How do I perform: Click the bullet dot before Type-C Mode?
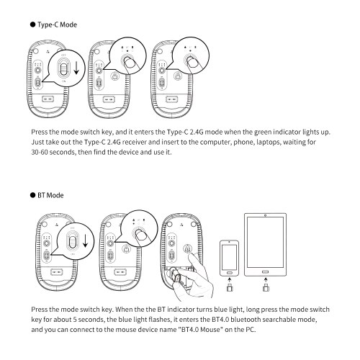point(32,24)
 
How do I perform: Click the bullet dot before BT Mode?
point(32,195)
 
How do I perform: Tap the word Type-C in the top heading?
point(48,25)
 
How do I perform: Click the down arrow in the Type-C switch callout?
point(76,68)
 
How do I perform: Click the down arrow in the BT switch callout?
point(85,240)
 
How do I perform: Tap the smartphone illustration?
point(229,258)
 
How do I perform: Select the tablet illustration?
point(265,245)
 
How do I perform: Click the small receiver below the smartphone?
point(230,287)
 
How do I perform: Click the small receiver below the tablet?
point(266,287)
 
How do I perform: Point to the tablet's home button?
point(265,271)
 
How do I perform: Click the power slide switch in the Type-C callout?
point(63,68)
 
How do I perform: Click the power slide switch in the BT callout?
point(72,240)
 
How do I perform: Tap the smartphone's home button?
point(229,273)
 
